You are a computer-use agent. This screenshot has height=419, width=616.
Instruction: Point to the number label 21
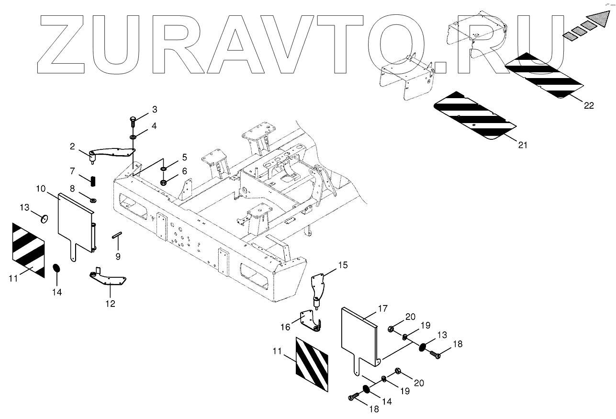523,145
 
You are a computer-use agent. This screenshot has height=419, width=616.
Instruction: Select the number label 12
111,303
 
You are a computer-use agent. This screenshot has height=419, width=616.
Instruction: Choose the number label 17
382,309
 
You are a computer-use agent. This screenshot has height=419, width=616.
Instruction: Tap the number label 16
285,327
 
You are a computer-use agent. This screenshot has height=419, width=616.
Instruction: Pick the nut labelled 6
164,182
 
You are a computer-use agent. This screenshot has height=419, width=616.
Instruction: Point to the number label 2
72,146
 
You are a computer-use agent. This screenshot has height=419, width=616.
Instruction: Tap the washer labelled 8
93,199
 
